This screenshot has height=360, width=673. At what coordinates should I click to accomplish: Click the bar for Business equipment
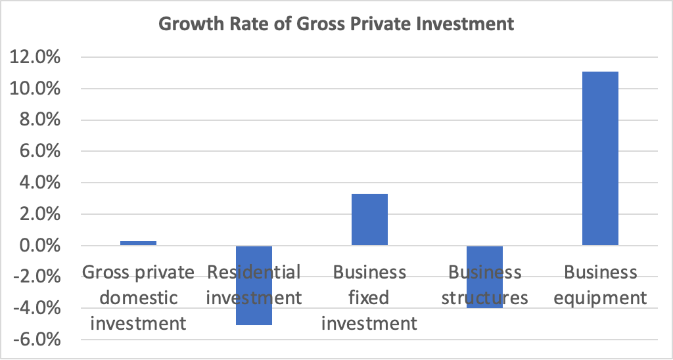pyautogui.click(x=600, y=158)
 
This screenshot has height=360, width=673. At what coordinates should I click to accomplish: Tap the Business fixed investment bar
pyautogui.click(x=369, y=219)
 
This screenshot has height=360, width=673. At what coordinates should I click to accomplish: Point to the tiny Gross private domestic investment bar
pyautogui.click(x=138, y=243)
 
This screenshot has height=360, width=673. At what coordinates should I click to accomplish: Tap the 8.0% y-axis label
pyautogui.click(x=37, y=120)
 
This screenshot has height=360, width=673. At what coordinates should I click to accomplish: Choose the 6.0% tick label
pyautogui.click(x=37, y=152)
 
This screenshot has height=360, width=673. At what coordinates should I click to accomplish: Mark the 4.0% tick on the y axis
pyautogui.click(x=37, y=183)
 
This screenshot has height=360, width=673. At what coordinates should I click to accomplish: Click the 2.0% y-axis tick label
pyautogui.click(x=37, y=215)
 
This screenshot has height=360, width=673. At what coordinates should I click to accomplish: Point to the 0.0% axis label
pyautogui.click(x=37, y=246)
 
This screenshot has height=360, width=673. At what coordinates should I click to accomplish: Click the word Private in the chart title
pyautogui.click(x=359, y=25)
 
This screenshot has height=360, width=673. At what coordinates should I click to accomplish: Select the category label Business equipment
pyautogui.click(x=600, y=285)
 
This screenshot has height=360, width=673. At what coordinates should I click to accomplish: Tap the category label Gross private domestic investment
pyautogui.click(x=138, y=298)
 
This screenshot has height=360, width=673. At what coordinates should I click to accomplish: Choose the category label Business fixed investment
pyautogui.click(x=369, y=298)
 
